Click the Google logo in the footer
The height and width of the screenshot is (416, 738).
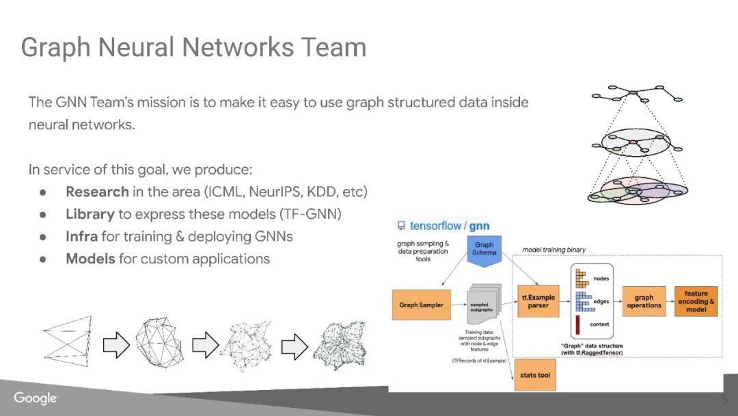tap(36, 398)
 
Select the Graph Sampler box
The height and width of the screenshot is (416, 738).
tap(421, 305)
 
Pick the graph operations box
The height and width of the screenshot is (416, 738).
tap(644, 302)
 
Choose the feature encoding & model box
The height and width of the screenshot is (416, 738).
tap(696, 301)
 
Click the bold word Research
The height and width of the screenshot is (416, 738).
tap(97, 192)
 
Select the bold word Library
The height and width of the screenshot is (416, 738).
tap(90, 214)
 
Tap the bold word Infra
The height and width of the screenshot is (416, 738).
tap(82, 237)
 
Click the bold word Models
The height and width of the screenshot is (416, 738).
tap(90, 259)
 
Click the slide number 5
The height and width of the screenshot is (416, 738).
tap(724, 400)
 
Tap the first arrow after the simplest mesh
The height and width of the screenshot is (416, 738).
tap(116, 346)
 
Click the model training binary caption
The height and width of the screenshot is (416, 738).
tap(553, 250)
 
